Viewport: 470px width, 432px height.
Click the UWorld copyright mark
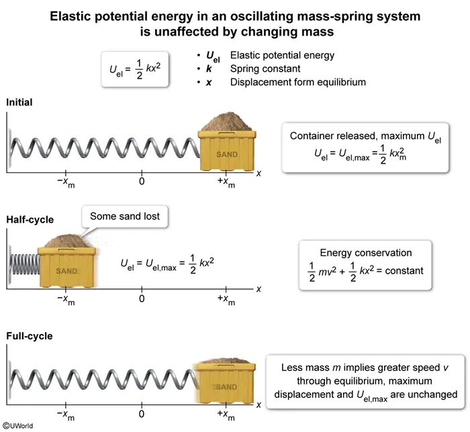(18, 425)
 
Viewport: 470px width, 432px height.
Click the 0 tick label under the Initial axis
(142, 181)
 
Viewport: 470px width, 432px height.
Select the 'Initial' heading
(19, 102)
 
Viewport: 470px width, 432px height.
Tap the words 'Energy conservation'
(365, 253)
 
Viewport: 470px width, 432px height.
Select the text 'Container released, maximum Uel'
(365, 136)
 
